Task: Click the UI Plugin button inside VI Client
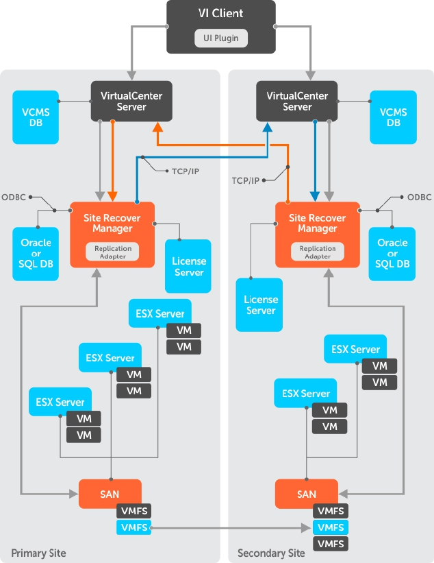(221, 38)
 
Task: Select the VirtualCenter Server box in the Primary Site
(131, 101)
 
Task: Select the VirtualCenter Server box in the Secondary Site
(297, 101)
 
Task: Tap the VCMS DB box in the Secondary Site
(393, 117)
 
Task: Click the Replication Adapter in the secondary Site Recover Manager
(317, 252)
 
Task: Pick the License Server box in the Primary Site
(189, 267)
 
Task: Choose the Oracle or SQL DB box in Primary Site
(36, 254)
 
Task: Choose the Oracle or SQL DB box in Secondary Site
(392, 254)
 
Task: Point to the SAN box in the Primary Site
(110, 494)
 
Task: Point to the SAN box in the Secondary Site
(306, 494)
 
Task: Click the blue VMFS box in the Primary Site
(133, 527)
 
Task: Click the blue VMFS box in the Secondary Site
(331, 527)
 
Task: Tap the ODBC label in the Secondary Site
(419, 197)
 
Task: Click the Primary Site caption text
(38, 553)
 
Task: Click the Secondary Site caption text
(271, 553)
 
